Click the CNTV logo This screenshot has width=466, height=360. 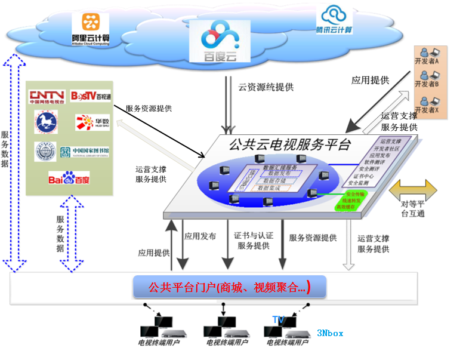[47, 96]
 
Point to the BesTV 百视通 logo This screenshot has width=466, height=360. [90, 96]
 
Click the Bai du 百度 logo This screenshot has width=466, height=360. [69, 178]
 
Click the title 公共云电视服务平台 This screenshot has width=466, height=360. [291, 143]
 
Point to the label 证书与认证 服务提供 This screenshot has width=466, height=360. [253, 241]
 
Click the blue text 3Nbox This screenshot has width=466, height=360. [330, 333]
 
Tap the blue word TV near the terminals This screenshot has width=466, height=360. [278, 320]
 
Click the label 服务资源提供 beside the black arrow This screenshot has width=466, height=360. [149, 109]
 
